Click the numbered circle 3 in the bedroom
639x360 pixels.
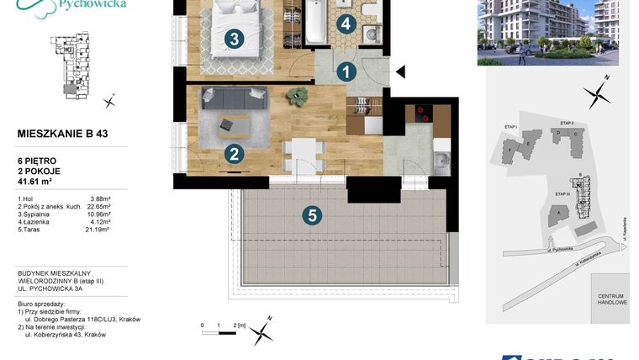235,38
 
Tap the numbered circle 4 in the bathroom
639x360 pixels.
346,24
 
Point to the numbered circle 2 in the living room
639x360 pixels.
235,153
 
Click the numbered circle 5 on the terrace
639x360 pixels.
312,215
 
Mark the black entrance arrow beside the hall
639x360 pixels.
401,71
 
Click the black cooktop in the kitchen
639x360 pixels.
418,115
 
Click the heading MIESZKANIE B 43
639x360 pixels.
62,133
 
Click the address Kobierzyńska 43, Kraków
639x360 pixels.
65,334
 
